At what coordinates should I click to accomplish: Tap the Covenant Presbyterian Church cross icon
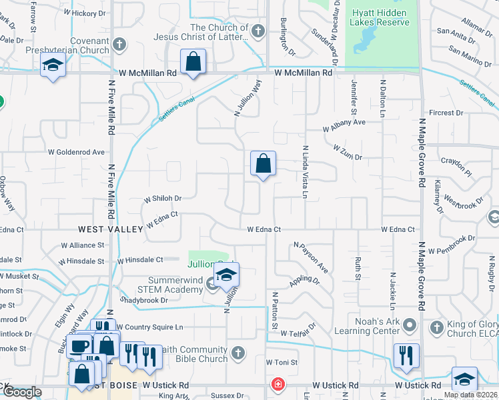click(x=119, y=45)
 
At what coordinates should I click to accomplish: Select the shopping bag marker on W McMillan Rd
click(x=193, y=63)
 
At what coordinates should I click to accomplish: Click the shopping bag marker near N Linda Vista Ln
click(x=264, y=163)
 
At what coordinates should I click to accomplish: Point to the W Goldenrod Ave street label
click(x=76, y=152)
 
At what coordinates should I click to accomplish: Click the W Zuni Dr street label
click(x=347, y=152)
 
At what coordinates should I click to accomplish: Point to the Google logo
click(x=22, y=392)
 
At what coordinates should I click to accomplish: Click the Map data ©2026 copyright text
click(x=470, y=395)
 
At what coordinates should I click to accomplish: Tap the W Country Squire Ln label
click(x=150, y=327)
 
